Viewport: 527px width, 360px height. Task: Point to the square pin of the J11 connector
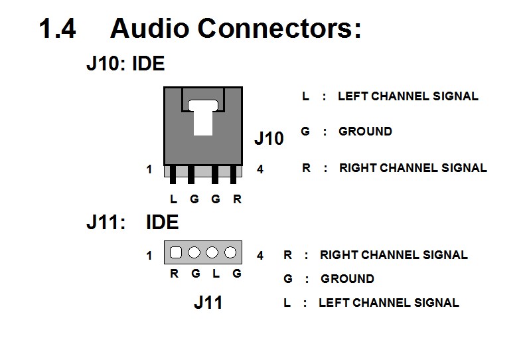pos(176,252)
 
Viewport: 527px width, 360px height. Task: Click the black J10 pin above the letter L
pos(173,175)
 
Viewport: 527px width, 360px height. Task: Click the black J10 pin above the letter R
pos(234,175)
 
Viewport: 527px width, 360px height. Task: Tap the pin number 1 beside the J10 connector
pos(149,169)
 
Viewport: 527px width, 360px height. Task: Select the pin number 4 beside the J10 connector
pos(260,169)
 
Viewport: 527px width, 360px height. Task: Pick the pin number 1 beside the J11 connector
pos(149,255)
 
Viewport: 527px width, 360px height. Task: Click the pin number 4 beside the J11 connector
pos(260,255)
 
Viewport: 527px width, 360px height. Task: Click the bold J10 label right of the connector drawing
pos(269,139)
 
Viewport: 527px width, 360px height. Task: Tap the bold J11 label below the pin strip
pos(208,303)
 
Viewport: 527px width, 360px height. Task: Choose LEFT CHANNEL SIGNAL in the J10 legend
pos(408,96)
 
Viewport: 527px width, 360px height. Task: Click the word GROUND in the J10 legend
pos(365,132)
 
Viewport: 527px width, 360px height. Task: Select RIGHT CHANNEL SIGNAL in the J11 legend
pos(394,254)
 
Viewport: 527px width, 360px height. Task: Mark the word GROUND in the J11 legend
pos(347,279)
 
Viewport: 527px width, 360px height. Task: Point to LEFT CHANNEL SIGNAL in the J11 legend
pos(388,303)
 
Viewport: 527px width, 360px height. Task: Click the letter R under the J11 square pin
pos(175,273)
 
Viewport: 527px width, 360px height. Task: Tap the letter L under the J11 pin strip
pos(216,273)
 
